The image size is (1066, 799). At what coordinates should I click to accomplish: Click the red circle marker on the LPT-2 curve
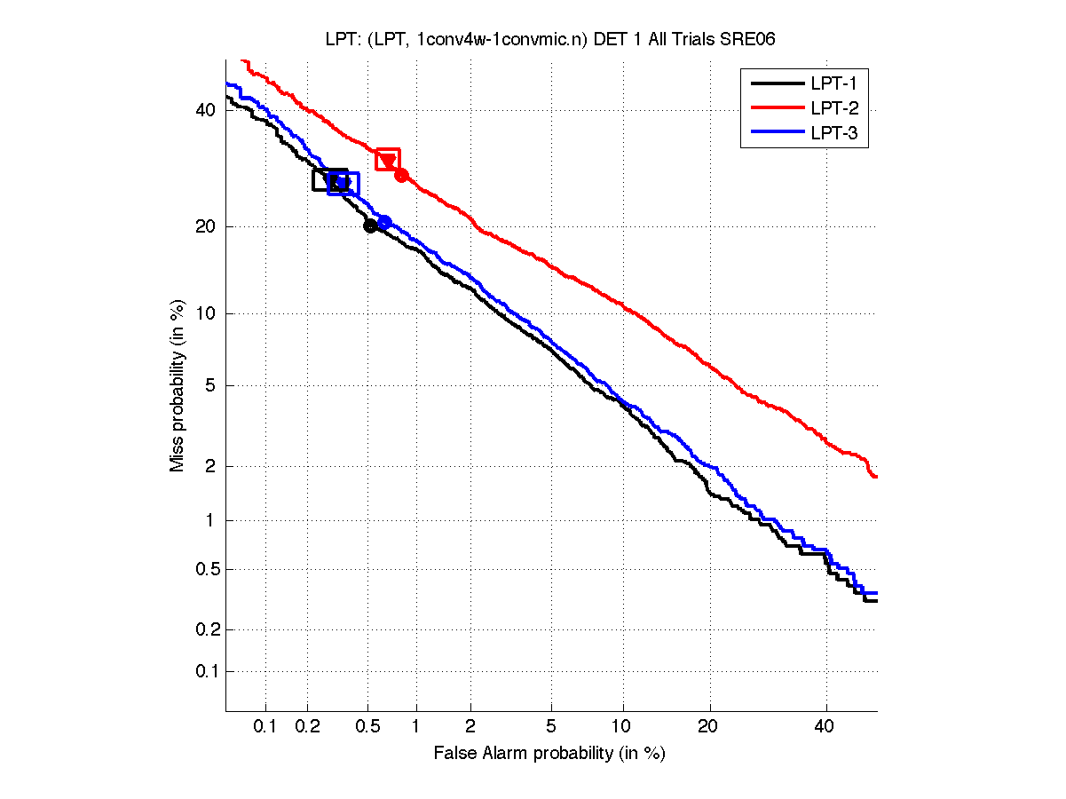coord(401,175)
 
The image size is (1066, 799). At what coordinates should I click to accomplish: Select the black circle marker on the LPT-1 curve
coord(370,225)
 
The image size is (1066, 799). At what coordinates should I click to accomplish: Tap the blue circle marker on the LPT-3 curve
coord(384,222)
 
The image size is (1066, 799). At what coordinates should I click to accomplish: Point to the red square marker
coord(388,159)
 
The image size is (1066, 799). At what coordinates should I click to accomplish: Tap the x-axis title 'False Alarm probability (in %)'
coord(549,754)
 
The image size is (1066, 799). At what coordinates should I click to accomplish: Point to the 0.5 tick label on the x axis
coord(367,727)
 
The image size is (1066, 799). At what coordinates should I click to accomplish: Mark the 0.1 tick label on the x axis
coord(266,727)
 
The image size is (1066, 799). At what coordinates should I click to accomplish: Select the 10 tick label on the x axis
coord(623,727)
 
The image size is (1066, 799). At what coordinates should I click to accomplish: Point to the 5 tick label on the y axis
coord(210,385)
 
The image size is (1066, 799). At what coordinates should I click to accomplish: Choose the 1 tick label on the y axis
coord(210,521)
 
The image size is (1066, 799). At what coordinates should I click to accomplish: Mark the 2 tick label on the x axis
coord(470,727)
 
